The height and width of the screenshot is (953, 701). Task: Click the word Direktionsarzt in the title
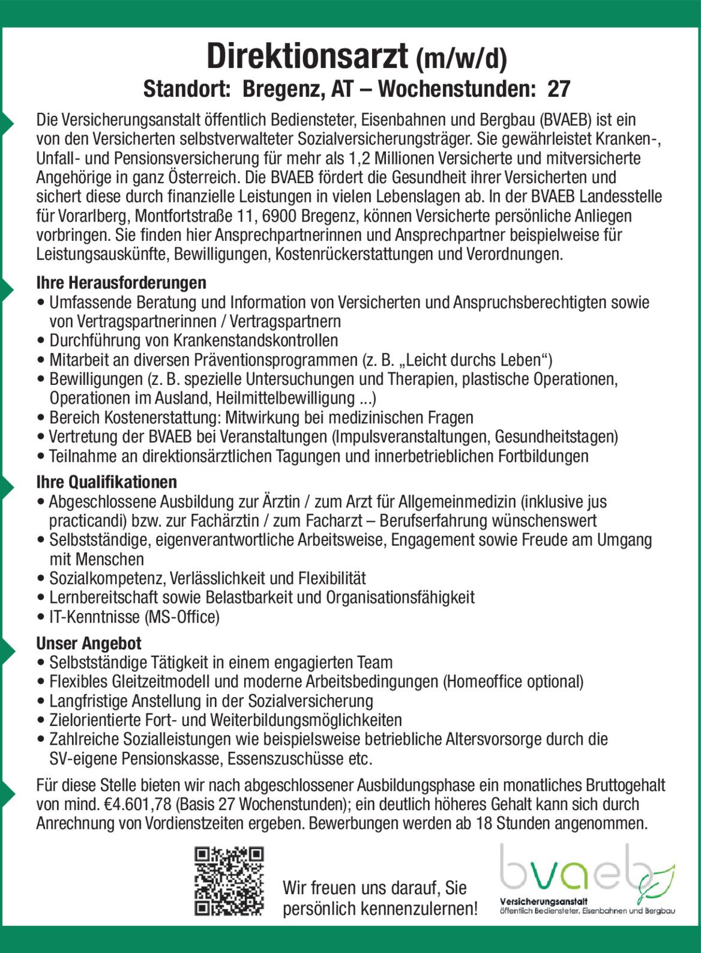point(307,57)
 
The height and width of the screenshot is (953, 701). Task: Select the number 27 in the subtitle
point(558,89)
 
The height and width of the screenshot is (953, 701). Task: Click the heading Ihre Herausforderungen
point(121,282)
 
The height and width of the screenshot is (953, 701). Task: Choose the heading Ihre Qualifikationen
point(107,482)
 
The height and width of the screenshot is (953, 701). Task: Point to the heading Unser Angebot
point(89,643)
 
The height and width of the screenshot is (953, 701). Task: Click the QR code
point(229,881)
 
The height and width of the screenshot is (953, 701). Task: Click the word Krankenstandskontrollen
point(256,340)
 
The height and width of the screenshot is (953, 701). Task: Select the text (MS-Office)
point(182,617)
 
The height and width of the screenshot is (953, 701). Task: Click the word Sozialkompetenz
point(107,578)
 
